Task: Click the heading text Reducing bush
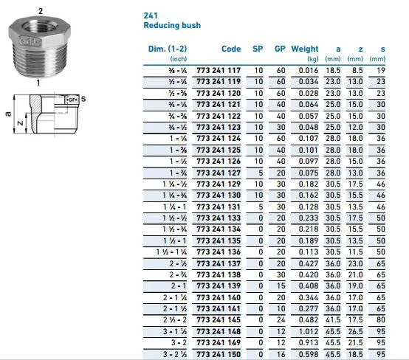click(172, 25)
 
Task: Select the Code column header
click(231, 49)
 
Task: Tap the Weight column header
click(305, 49)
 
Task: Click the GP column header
click(280, 49)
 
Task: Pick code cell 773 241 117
click(219, 70)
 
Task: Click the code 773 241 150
click(219, 354)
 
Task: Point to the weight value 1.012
click(309, 331)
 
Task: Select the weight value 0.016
click(309, 70)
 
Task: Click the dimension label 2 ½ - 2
click(175, 320)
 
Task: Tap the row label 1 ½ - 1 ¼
click(171, 252)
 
